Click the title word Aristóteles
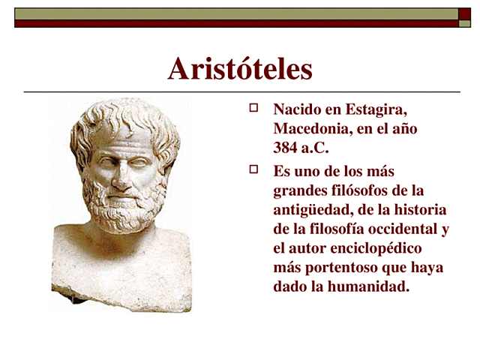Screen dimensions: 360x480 [x=240, y=69]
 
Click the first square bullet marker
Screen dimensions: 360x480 [x=253, y=108]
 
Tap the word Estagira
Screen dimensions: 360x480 [x=375, y=109]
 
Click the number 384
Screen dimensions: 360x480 [x=286, y=148]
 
